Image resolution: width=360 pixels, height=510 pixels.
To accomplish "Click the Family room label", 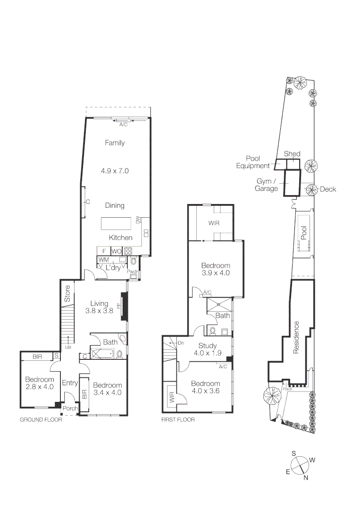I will [x=115, y=143].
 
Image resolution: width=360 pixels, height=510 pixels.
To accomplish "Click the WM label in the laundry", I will [x=104, y=260].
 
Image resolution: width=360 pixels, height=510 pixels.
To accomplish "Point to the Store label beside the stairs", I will [x=67, y=293].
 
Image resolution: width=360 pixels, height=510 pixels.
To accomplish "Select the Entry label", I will [x=70, y=383].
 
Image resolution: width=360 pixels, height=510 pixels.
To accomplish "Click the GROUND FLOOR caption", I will [x=41, y=419].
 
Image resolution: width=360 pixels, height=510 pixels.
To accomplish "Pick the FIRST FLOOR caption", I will [x=178, y=419].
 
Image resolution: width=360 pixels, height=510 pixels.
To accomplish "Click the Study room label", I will [x=207, y=345].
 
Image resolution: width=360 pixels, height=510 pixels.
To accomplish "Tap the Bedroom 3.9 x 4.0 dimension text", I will [x=216, y=273].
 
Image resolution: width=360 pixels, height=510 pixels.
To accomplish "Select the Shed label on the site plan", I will [x=292, y=154].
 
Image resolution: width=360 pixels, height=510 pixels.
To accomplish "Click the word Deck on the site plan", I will [x=328, y=189].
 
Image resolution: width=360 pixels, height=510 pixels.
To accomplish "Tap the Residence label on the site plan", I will [x=296, y=337].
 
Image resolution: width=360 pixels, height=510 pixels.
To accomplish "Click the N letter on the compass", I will [x=306, y=477].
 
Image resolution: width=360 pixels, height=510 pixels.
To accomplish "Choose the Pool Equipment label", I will [x=253, y=162].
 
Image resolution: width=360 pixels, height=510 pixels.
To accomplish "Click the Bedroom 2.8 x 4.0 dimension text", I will [x=39, y=386].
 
